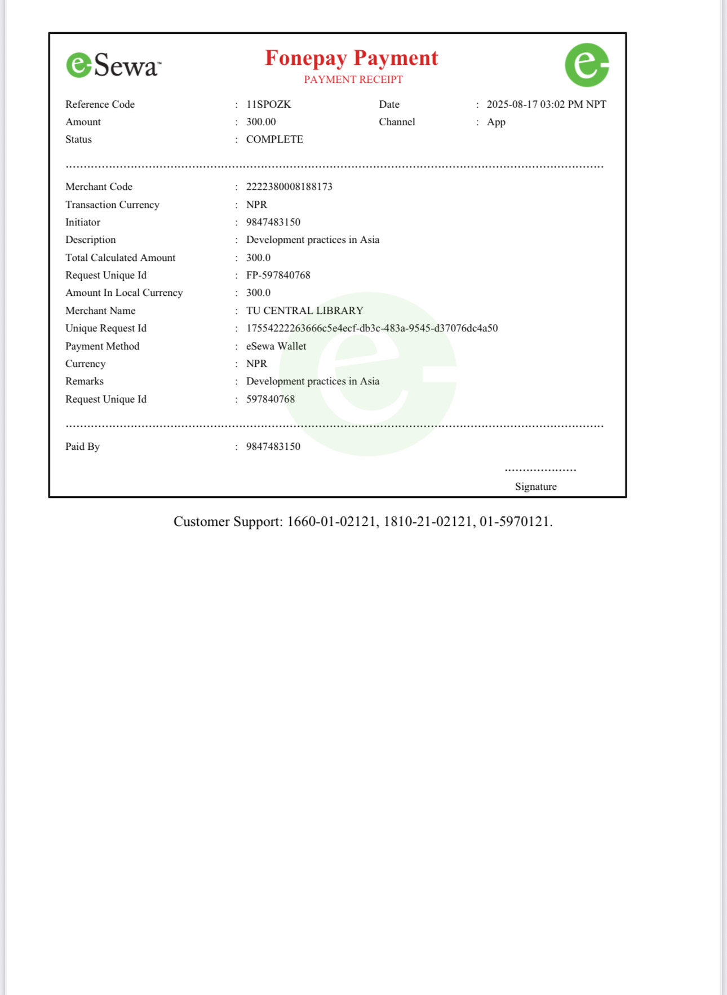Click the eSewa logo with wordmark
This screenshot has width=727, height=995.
click(x=113, y=65)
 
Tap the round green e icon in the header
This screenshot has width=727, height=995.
click(x=587, y=65)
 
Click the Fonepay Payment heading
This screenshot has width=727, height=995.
click(x=351, y=58)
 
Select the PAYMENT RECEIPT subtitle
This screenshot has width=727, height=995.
click(x=353, y=79)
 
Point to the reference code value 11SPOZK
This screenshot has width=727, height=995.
click(x=268, y=104)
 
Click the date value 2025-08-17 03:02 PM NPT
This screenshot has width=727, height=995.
click(x=546, y=104)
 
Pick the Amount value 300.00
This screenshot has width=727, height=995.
click(x=261, y=122)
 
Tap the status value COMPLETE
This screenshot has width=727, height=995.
click(x=274, y=139)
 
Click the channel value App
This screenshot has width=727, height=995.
click(x=496, y=122)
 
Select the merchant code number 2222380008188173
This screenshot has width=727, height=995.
click(x=289, y=187)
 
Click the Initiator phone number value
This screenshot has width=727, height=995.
click(x=273, y=222)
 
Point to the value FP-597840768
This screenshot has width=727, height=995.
click(x=278, y=275)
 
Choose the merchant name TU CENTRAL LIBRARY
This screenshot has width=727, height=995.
click(x=304, y=311)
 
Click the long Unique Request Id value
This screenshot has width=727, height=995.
click(x=372, y=328)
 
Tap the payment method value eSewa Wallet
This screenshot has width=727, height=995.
click(x=276, y=346)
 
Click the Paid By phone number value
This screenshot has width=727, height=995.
click(x=273, y=446)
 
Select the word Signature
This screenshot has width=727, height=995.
click(x=535, y=487)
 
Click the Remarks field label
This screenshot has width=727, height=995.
click(x=85, y=381)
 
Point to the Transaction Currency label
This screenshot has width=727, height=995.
click(x=112, y=205)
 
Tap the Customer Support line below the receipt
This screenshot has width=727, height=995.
click(x=363, y=521)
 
